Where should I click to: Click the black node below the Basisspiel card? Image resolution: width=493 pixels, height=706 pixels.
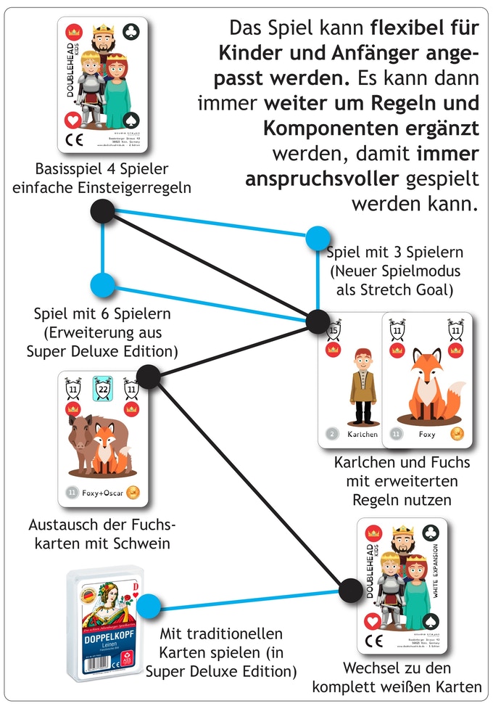tap(103, 212)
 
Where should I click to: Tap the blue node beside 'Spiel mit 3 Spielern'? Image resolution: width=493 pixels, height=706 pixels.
tap(318, 238)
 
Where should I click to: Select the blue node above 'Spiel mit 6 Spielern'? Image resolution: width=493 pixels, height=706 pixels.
tap(103, 285)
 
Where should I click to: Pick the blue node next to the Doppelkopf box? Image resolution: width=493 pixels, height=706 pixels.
tap(149, 604)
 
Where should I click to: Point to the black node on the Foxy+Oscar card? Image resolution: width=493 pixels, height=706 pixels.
tap(148, 376)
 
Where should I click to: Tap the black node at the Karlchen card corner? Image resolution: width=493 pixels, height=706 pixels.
tap(318, 320)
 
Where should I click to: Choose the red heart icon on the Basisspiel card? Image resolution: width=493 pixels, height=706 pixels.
tap(72, 119)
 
